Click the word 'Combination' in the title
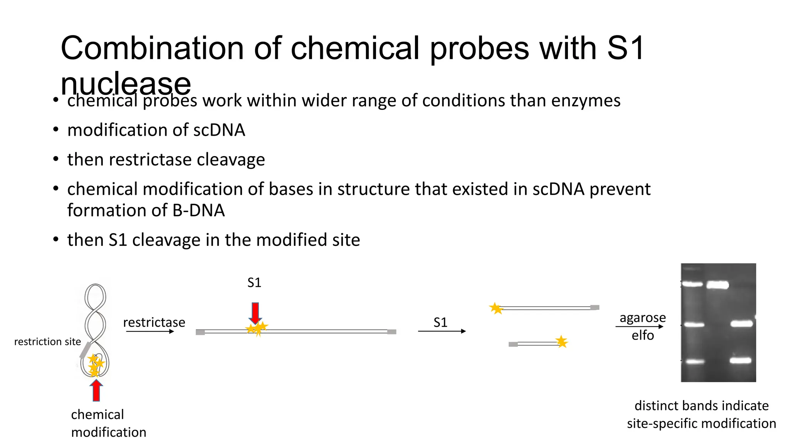click(152, 48)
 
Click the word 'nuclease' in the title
click(126, 84)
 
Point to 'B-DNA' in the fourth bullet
click(198, 210)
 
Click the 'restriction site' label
click(47, 341)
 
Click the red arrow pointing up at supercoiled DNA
click(96, 390)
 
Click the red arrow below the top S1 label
click(255, 313)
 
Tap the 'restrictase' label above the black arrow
click(154, 322)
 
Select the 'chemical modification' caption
click(109, 423)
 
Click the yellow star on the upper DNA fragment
click(496, 308)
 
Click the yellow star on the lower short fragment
click(562, 341)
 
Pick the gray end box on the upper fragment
click(595, 308)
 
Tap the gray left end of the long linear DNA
click(200, 332)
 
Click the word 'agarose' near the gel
click(643, 318)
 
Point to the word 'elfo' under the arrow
click(643, 335)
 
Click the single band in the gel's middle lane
click(717, 285)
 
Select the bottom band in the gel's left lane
click(695, 362)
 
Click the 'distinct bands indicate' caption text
click(701, 405)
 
